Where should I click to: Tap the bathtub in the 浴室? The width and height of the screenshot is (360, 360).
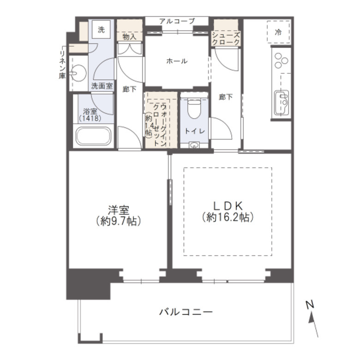pyautogui.click(x=93, y=136)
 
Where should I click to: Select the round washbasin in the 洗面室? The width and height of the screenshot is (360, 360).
pyautogui.click(x=79, y=73)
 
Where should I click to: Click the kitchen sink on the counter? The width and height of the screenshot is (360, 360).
pyautogui.click(x=282, y=102)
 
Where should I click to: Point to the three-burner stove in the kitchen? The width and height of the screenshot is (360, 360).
pyautogui.click(x=281, y=60)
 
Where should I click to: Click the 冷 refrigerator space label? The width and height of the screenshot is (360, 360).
pyautogui.click(x=278, y=32)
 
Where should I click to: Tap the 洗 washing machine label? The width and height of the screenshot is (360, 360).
pyautogui.click(x=101, y=30)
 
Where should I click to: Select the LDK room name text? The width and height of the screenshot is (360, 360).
pyautogui.click(x=228, y=206)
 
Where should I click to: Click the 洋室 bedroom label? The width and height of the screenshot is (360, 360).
pyautogui.click(x=119, y=210)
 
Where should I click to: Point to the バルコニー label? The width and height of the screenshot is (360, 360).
pyautogui.click(x=186, y=312)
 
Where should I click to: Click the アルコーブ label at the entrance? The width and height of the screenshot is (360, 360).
pyautogui.click(x=177, y=21)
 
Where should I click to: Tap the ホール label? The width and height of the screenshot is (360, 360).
pyautogui.click(x=177, y=61)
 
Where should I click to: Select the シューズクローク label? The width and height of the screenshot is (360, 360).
pyautogui.click(x=226, y=39)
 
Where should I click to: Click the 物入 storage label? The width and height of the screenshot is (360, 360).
pyautogui.click(x=130, y=36)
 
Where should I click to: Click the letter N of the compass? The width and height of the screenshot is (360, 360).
pyautogui.click(x=310, y=305)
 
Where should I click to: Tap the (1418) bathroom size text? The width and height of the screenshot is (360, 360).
pyautogui.click(x=90, y=119)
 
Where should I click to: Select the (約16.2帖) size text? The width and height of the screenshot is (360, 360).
pyautogui.click(x=228, y=217)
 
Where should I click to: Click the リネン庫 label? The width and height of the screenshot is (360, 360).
pyautogui.click(x=62, y=65)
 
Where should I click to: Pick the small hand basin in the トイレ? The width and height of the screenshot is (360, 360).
pyautogui.click(x=194, y=145)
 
